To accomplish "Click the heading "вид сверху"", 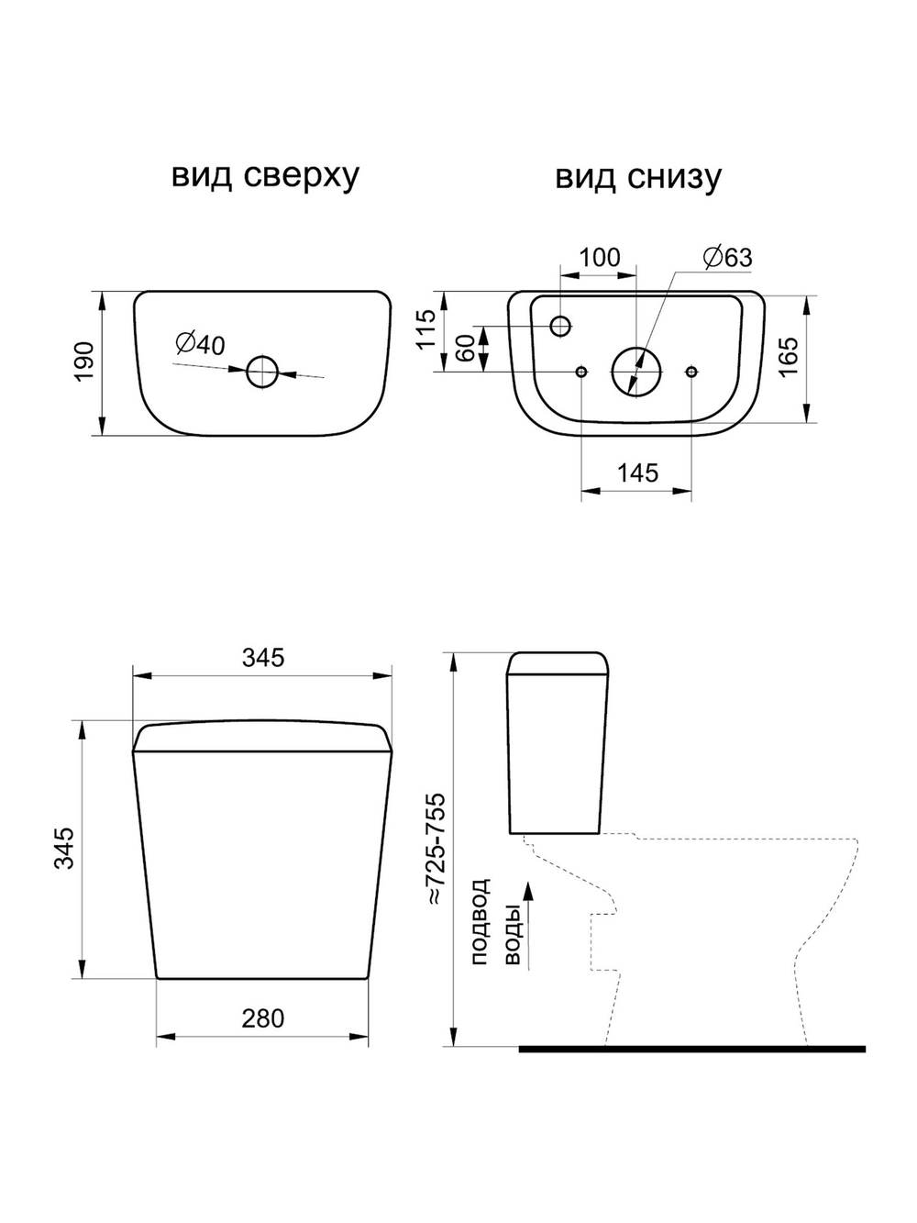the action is [x=265, y=177].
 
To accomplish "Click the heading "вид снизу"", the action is [x=638, y=177].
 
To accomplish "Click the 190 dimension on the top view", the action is [x=84, y=361].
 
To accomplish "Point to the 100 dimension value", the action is [x=600, y=258].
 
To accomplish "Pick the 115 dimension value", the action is [x=427, y=329].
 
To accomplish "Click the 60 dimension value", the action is [x=467, y=349].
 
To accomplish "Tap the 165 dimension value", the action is [x=789, y=357].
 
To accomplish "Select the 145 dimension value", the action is [x=637, y=473].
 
